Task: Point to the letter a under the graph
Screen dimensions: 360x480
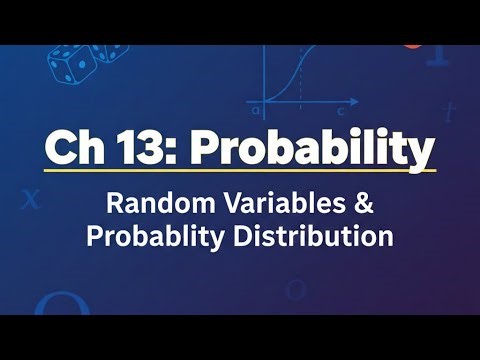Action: pyautogui.click(x=257, y=109)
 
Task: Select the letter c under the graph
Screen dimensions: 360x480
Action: pyautogui.click(x=341, y=109)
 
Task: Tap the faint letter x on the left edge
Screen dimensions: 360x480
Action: pyautogui.click(x=30, y=198)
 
